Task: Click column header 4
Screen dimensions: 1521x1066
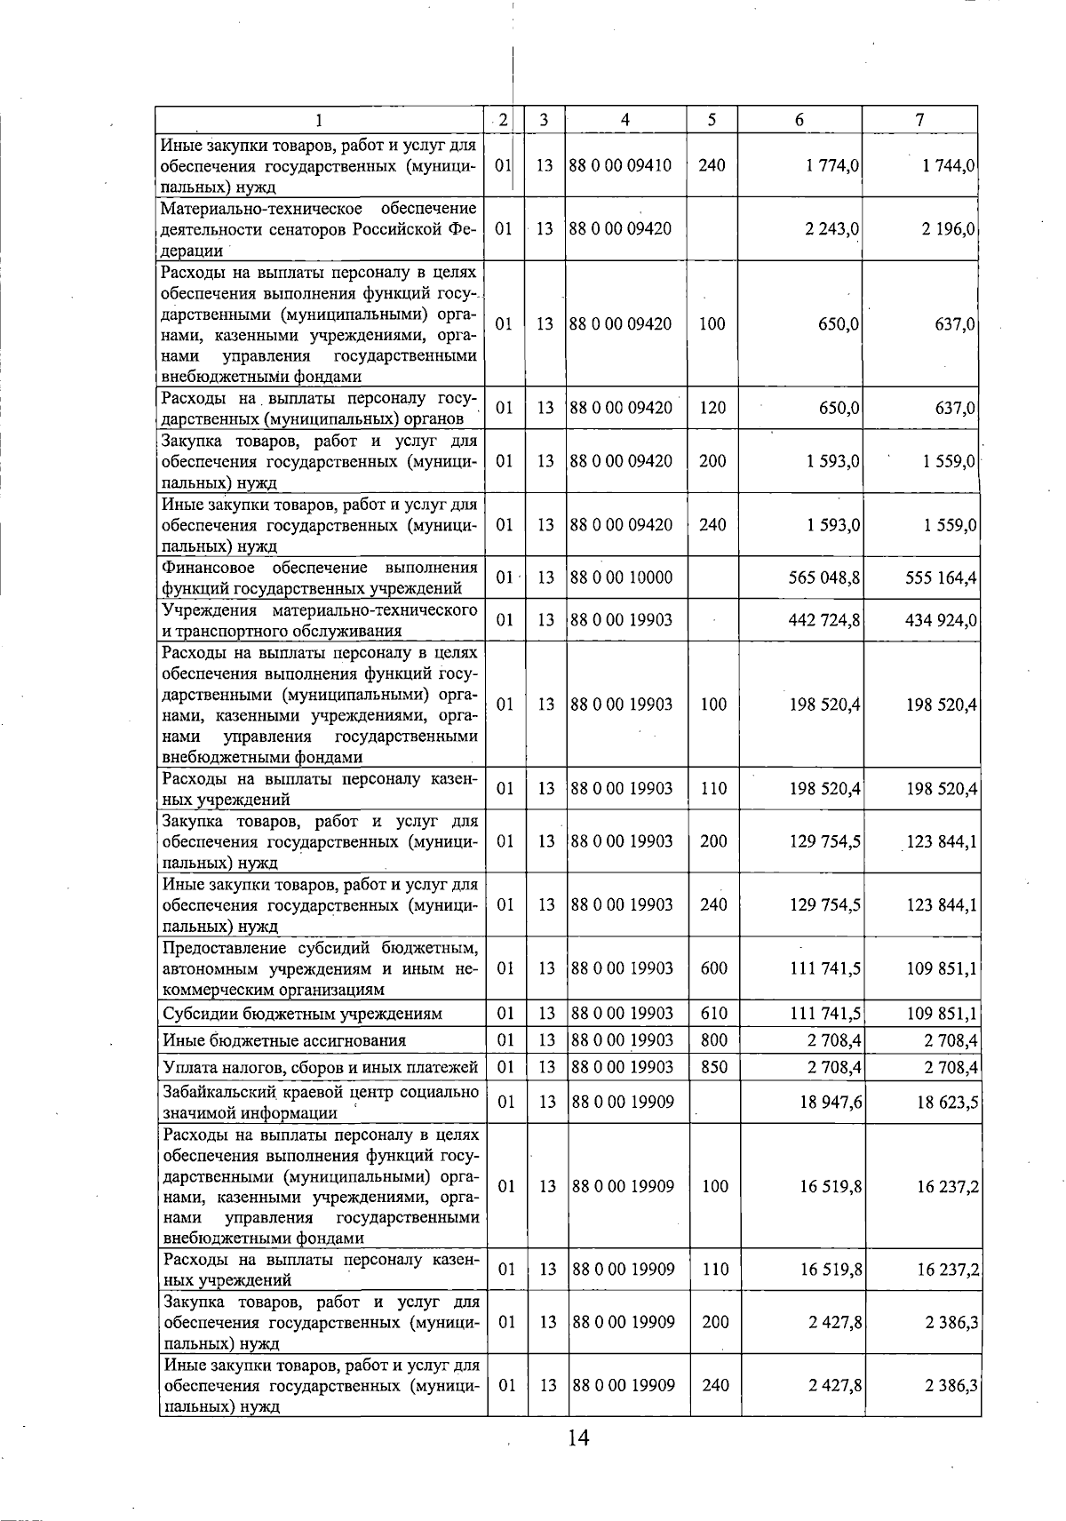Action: [x=625, y=120]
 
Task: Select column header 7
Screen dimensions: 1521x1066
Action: [x=920, y=120]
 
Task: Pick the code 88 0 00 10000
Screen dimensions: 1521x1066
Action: [x=622, y=578]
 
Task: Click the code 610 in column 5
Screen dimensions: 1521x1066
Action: [x=713, y=1014]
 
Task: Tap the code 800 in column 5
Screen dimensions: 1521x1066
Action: [x=713, y=1040]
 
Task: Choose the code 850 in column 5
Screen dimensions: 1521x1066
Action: [x=713, y=1067]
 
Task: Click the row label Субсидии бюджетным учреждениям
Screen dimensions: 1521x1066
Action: [x=303, y=1014]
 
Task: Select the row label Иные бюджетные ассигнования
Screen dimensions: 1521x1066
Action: [x=284, y=1040]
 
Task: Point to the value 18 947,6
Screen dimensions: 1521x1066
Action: [x=831, y=1103]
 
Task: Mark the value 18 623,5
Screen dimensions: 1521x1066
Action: [x=948, y=1103]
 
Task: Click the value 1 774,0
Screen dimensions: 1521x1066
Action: [x=832, y=166]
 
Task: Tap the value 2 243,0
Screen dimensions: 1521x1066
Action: [x=832, y=229]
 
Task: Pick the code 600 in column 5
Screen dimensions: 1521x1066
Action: [x=713, y=968]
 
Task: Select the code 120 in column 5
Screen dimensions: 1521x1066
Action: [x=712, y=409]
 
